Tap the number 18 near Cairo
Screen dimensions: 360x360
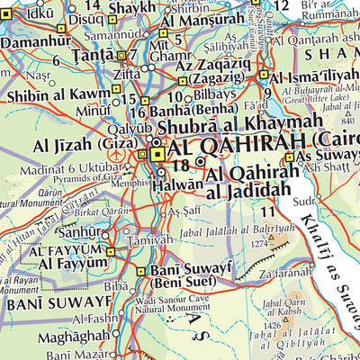tap(181, 165)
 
